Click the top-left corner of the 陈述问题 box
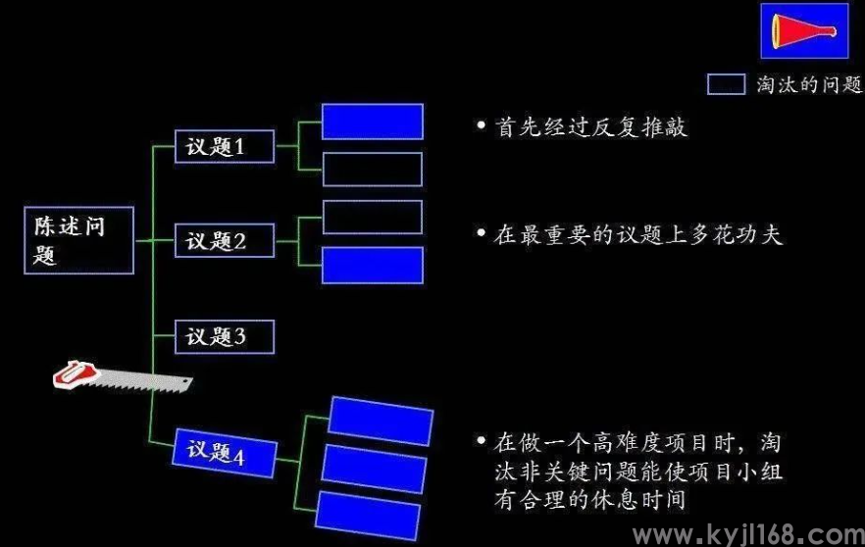coord(25,208)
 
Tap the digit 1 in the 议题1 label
coord(239,147)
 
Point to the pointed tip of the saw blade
coord(192,380)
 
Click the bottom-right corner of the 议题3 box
coord(275,354)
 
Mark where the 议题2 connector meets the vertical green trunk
coord(153,241)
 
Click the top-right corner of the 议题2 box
coord(275,224)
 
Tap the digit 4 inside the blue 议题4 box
coord(239,457)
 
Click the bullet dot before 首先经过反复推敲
coord(481,125)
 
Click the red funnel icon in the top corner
coord(804,30)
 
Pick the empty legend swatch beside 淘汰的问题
coord(726,84)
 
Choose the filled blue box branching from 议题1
coord(373,122)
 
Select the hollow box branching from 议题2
coord(373,218)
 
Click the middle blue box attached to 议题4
coord(374,470)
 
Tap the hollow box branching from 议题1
coord(373,170)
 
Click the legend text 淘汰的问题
coord(809,84)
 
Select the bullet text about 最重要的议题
coord(637,235)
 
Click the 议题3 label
coord(215,336)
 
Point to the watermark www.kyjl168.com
coord(748,535)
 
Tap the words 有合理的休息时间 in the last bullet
coord(589,500)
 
